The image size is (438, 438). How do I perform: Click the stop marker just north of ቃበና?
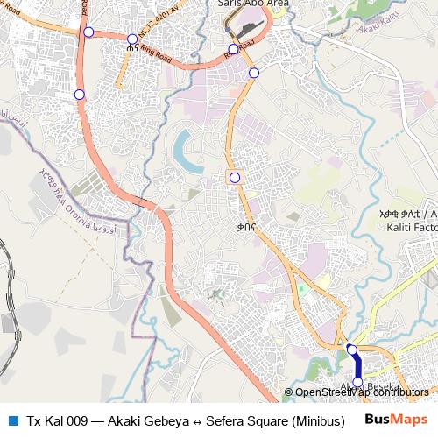point(235,178)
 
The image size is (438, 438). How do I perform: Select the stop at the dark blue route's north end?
point(351,350)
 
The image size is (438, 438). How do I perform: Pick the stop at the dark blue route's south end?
point(357,382)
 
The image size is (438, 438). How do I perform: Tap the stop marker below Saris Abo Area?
point(233,49)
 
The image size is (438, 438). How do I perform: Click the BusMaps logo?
point(396,419)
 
